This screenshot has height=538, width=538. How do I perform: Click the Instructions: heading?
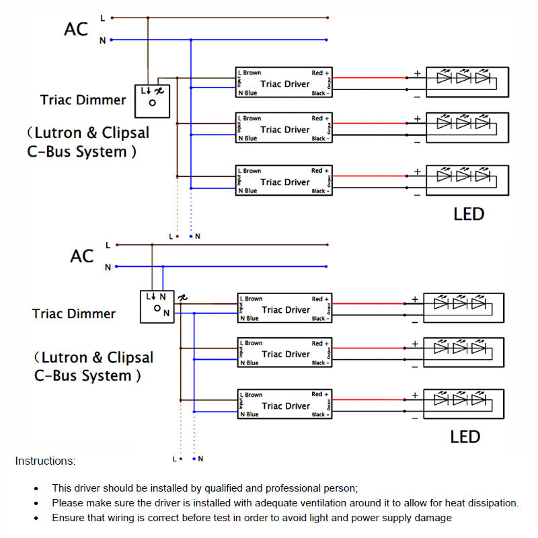tap(45, 461)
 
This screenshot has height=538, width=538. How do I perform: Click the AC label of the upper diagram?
tap(76, 30)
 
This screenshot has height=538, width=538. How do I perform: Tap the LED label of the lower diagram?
tap(465, 437)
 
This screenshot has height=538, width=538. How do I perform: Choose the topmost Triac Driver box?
tap(282, 83)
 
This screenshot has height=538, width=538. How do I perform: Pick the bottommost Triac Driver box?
tap(283, 406)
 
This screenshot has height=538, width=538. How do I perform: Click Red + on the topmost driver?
tap(321, 73)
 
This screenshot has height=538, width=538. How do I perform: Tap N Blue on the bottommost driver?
tap(248, 415)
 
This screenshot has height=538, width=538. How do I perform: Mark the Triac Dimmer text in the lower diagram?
tap(74, 314)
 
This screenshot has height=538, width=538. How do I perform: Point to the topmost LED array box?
tap(468, 82)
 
